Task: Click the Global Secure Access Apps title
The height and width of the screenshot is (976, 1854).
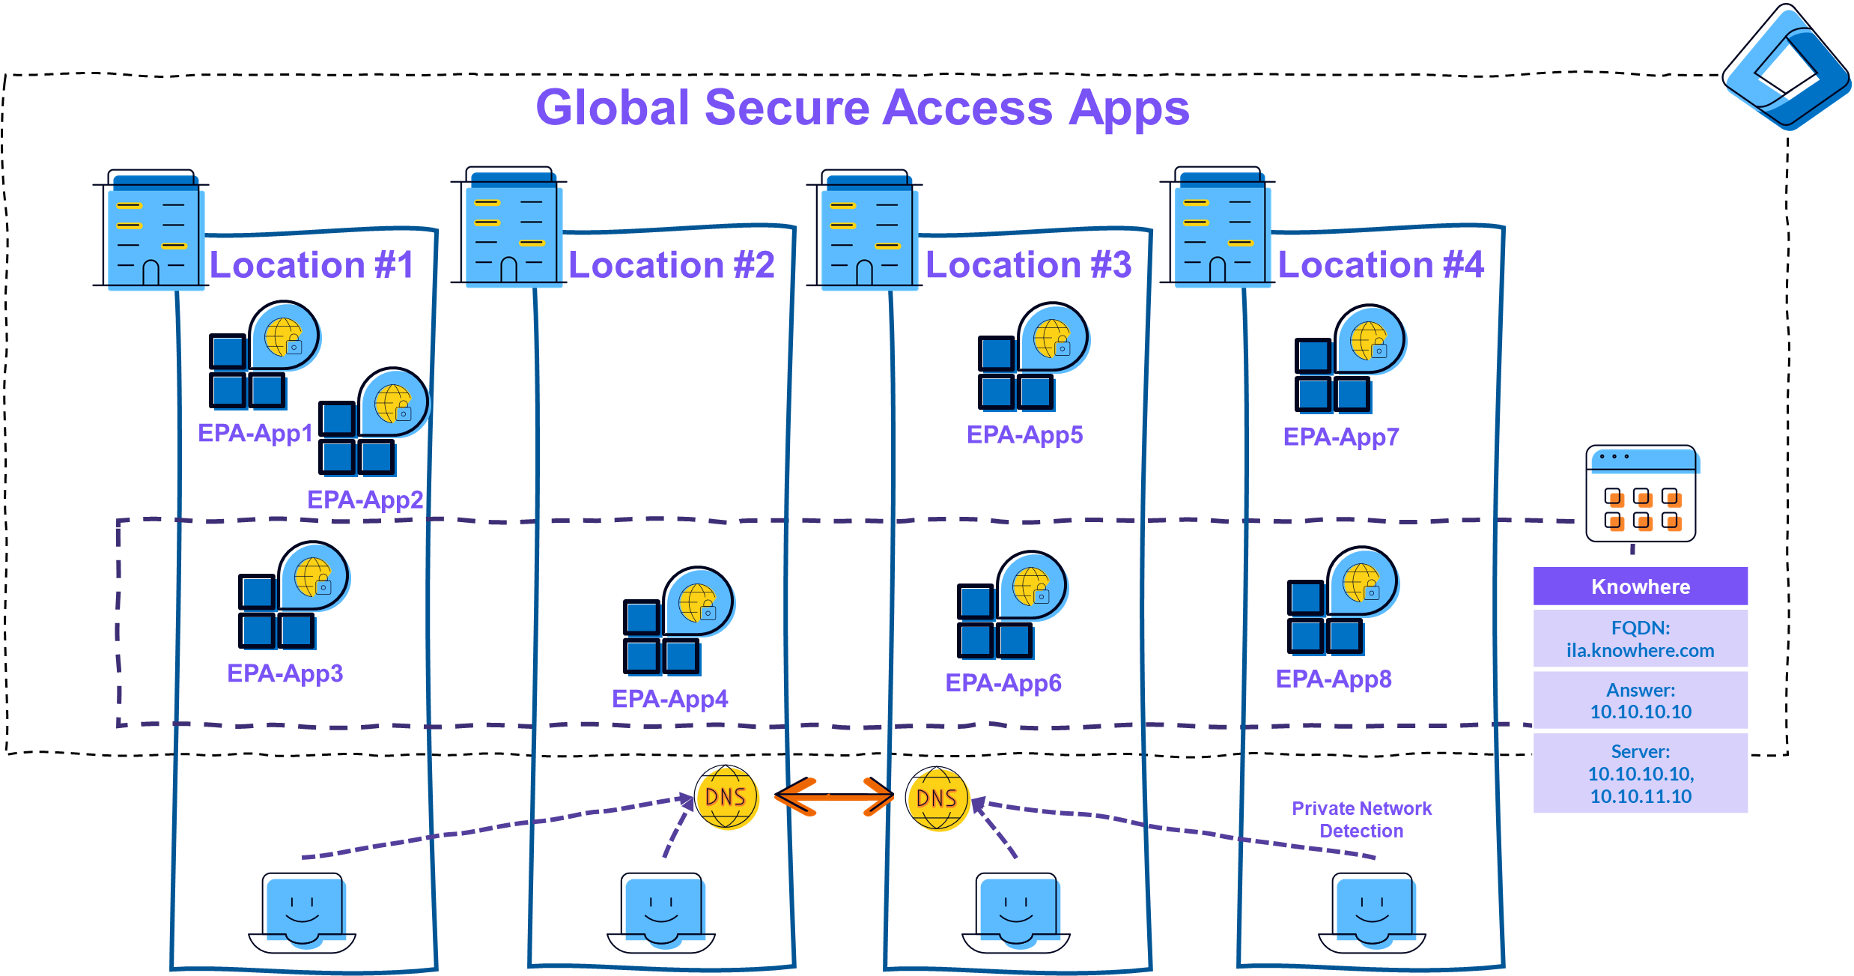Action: tap(862, 108)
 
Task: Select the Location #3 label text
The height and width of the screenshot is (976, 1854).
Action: tap(1027, 265)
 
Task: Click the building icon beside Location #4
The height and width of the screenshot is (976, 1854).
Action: tap(1222, 231)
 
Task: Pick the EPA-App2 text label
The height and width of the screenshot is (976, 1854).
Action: tap(365, 500)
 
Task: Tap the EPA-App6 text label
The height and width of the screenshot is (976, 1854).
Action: tap(1003, 683)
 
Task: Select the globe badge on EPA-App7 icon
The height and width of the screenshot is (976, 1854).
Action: tap(1371, 341)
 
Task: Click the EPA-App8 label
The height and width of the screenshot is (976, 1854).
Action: tap(1333, 679)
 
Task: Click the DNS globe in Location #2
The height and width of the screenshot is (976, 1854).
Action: tap(726, 798)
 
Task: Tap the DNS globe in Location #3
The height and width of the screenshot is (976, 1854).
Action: tap(937, 800)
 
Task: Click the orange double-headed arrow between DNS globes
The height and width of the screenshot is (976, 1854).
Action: tap(833, 797)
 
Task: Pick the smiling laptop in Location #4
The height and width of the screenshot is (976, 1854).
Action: tap(1374, 912)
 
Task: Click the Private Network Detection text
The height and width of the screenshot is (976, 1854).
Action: tap(1361, 819)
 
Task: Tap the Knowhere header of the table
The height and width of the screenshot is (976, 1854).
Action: tap(1640, 586)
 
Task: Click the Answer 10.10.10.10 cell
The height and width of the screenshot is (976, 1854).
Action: tap(1640, 701)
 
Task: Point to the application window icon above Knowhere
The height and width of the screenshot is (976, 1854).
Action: tap(1641, 494)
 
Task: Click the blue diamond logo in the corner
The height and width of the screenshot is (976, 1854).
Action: tap(1786, 67)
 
